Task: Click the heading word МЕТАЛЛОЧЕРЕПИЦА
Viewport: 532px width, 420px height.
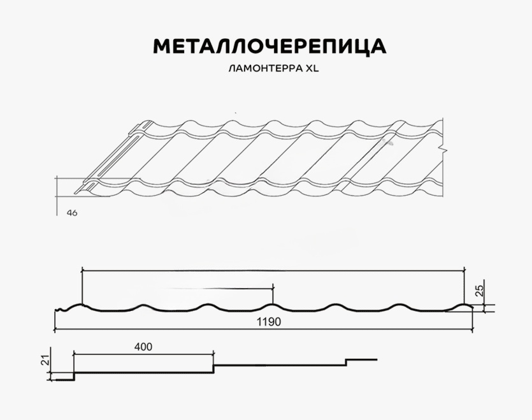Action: pos(270,47)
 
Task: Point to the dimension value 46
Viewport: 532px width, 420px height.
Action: pos(72,213)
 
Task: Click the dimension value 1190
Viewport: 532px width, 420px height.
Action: pos(268,322)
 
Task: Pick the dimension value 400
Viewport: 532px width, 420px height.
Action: pos(143,347)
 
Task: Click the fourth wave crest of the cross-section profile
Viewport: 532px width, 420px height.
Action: pos(273,305)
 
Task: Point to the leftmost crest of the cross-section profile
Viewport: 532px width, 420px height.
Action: pos(82,305)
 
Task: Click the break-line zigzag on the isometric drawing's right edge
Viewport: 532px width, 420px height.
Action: pos(445,148)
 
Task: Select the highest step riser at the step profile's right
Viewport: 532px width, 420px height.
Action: pos(346,362)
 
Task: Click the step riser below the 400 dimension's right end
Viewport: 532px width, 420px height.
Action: pos(213,369)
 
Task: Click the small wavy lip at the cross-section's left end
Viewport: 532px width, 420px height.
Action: pos(61,309)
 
